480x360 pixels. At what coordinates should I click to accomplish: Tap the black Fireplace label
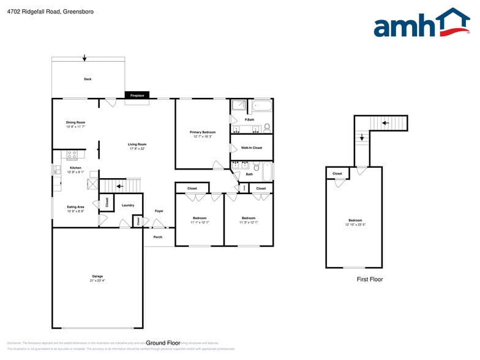click(137, 96)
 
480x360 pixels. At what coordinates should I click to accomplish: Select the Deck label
click(88, 79)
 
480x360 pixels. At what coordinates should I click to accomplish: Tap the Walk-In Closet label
click(252, 148)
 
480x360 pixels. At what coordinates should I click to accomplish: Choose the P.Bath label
click(250, 119)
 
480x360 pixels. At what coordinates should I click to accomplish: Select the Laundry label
click(128, 205)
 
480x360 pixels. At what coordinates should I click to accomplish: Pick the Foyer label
click(159, 211)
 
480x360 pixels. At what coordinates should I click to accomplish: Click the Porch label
click(158, 237)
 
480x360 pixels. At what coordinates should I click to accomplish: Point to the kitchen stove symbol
click(72, 156)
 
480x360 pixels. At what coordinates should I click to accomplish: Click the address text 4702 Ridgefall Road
click(34, 12)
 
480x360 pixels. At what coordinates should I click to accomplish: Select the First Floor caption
click(370, 279)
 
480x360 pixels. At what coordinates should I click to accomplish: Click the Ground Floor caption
click(163, 343)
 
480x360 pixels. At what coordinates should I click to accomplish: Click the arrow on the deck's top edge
click(84, 58)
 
